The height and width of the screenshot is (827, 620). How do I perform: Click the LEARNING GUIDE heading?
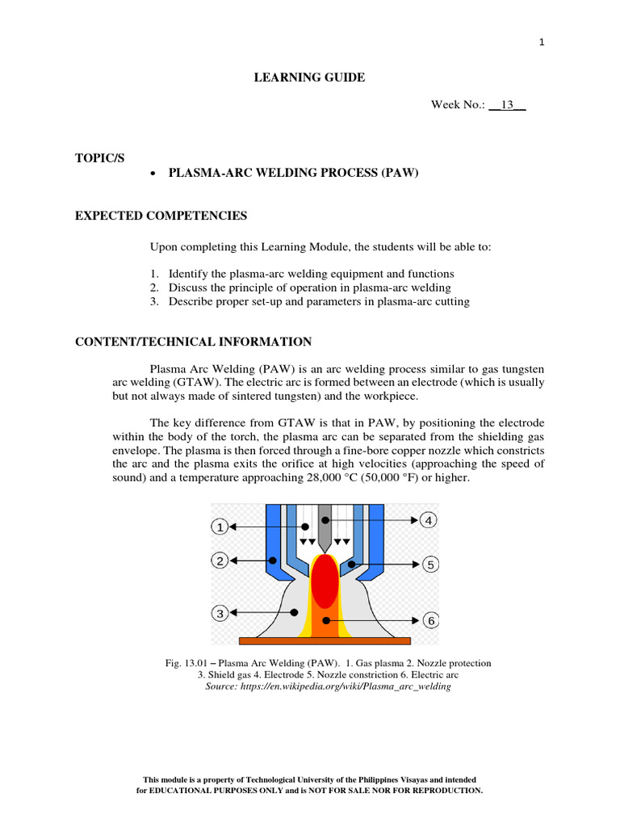[310, 78]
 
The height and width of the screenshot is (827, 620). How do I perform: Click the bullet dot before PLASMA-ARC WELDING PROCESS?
[153, 174]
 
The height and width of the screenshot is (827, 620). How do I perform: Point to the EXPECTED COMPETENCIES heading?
[161, 216]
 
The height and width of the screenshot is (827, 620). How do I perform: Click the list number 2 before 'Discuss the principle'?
[154, 288]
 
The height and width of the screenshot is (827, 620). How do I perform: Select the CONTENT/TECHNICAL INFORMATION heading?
[193, 342]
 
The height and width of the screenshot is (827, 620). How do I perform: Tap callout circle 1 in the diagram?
[220, 527]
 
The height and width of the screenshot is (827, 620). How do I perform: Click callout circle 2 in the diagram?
[220, 560]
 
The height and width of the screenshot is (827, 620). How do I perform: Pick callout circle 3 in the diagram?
[220, 614]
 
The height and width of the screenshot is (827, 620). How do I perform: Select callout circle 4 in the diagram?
[429, 521]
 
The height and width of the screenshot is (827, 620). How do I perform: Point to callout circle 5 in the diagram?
[430, 565]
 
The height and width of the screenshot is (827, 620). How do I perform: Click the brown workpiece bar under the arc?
[325, 640]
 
